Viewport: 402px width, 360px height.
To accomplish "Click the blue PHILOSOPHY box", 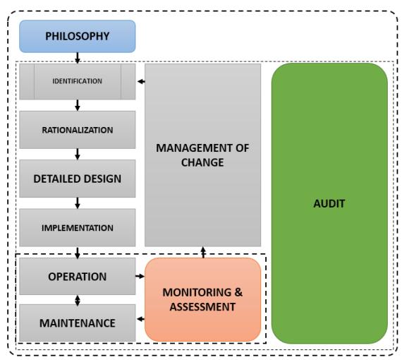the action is click(78, 36).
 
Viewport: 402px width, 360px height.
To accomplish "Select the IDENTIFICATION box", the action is click(78, 81).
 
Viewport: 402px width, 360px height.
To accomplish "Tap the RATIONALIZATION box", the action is click(78, 130).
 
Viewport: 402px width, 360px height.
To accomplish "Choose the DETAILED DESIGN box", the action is click(78, 179).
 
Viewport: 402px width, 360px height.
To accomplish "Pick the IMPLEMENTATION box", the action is click(78, 227).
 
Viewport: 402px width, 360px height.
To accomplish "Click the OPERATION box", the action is click(78, 276).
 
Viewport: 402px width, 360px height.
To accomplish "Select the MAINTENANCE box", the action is click(78, 323).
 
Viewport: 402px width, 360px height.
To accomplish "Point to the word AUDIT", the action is click(329, 203).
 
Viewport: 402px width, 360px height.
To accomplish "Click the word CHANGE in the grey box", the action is click(202, 162).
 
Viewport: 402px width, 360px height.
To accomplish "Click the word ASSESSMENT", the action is click(202, 307).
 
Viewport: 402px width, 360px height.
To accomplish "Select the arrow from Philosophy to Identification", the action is click(78, 58).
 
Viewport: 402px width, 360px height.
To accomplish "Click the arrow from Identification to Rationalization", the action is click(78, 105).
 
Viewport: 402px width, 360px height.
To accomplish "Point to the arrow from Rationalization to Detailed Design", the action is click(78, 154).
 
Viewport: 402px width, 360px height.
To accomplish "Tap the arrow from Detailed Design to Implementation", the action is click(78, 203).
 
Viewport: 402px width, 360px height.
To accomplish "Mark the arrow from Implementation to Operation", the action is click(78, 253).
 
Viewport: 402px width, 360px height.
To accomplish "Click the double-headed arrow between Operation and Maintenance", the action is click(78, 301).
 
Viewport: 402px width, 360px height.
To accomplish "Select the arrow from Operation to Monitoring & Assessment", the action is click(140, 276).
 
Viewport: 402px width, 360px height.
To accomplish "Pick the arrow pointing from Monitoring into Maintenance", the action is click(141, 319).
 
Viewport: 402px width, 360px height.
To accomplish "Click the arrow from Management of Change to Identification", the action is click(141, 82).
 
